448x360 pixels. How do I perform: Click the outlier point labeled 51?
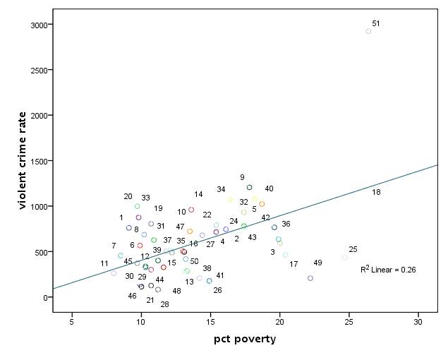coord(368,31)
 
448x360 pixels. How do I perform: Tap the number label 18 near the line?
coord(376,192)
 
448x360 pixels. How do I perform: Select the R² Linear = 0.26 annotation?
coord(388,269)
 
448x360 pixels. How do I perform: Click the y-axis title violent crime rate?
coord(23,160)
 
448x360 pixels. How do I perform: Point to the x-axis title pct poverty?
coord(245,340)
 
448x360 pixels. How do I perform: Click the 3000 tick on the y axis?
coord(39,25)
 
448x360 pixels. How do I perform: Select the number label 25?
coord(353,249)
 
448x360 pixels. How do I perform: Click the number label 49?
coord(317,263)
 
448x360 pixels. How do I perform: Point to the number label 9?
coord(242,178)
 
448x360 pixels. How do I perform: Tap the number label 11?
coord(104,263)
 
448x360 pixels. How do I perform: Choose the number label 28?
coord(164,304)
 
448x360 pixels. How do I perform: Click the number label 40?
coord(269,188)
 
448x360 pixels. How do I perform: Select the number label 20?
coord(128,197)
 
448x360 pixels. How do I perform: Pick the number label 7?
coord(114,246)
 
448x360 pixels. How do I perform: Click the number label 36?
coord(286,224)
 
